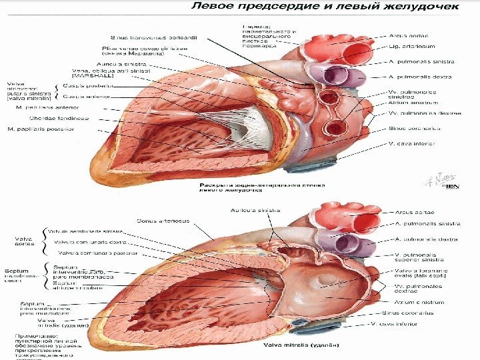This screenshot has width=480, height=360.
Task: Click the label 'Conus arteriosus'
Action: pos(163,220)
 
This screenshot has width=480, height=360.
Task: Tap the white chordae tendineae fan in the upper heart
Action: pos(251,127)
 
